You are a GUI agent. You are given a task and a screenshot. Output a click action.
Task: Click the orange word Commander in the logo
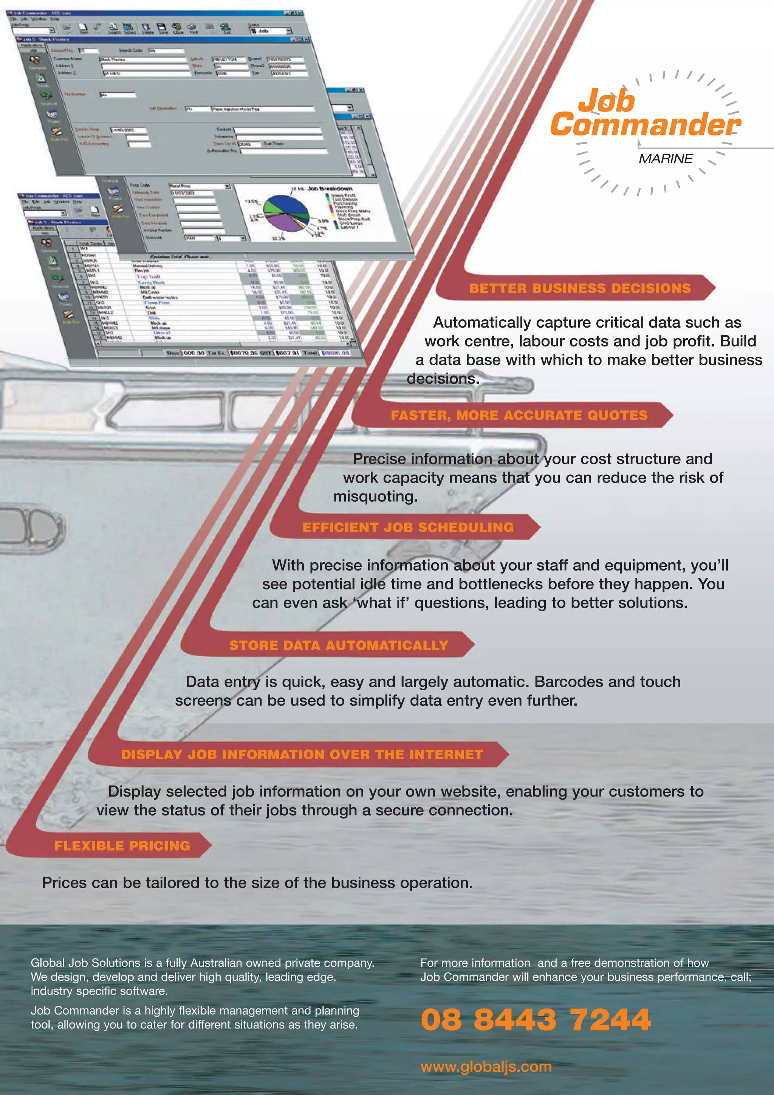(645, 125)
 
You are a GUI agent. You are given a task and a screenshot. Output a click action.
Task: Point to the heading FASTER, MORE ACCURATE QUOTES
(519, 415)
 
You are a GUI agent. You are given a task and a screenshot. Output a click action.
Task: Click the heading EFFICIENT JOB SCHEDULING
(408, 527)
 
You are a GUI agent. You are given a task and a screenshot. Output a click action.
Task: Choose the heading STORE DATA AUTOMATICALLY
(339, 645)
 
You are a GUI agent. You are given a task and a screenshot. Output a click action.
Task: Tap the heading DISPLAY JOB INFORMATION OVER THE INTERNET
(302, 755)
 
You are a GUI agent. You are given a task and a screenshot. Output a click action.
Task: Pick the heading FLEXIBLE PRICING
(122, 846)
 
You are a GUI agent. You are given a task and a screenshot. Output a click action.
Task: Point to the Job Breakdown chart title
(330, 189)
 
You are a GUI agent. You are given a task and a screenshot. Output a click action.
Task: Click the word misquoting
(375, 496)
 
